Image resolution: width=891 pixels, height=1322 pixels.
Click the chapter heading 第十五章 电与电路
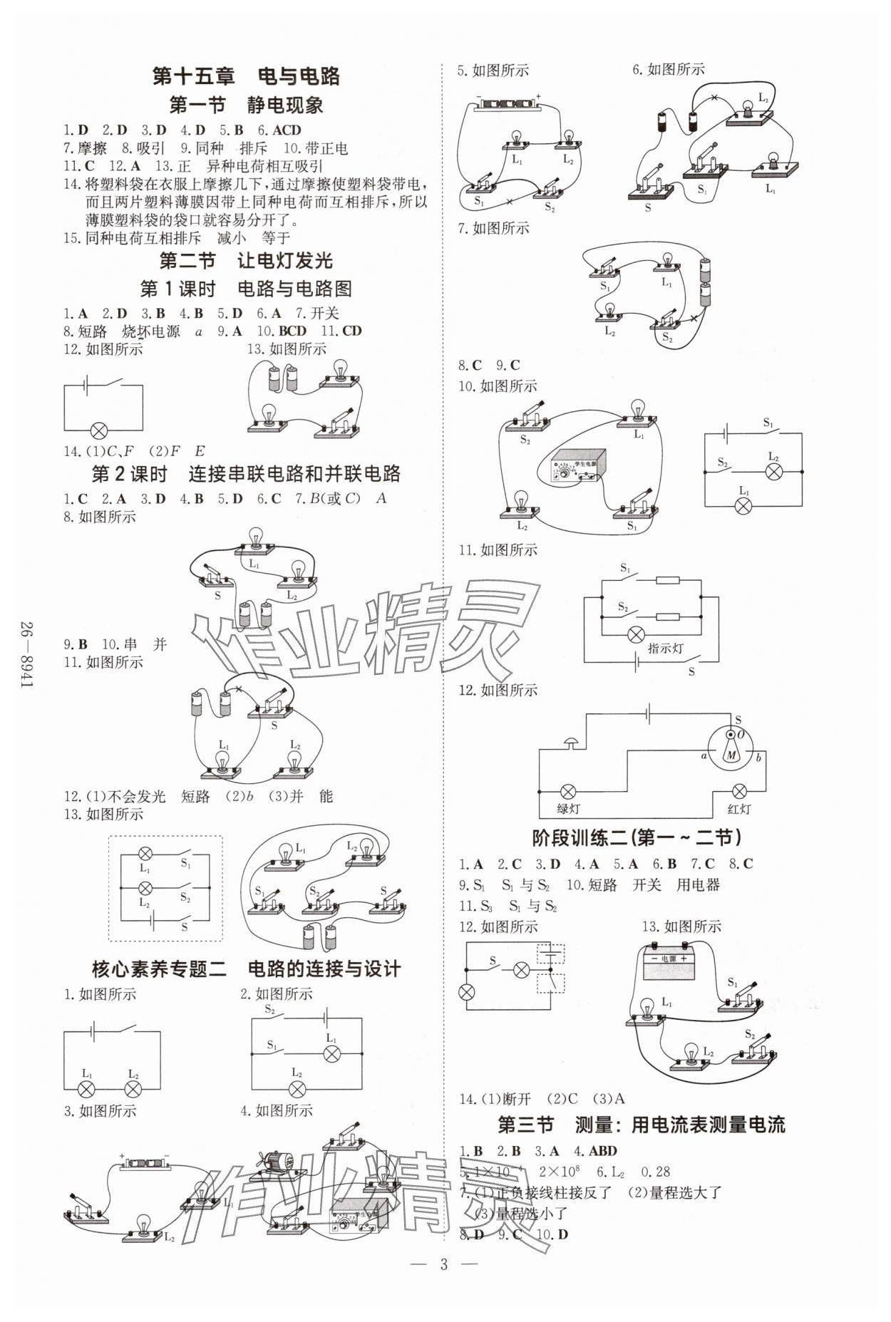click(x=246, y=76)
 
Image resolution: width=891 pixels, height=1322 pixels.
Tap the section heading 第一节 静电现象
click(x=246, y=105)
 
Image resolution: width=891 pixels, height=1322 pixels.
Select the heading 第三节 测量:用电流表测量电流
click(x=640, y=1125)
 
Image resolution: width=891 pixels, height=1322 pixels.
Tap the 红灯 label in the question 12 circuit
click(x=739, y=809)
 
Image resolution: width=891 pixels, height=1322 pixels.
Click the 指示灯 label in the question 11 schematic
click(x=665, y=649)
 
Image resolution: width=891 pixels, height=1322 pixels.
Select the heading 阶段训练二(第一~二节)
click(x=637, y=837)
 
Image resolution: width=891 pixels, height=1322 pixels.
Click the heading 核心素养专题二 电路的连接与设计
click(x=246, y=969)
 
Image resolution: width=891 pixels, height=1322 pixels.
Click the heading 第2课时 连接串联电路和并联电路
click(x=246, y=474)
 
